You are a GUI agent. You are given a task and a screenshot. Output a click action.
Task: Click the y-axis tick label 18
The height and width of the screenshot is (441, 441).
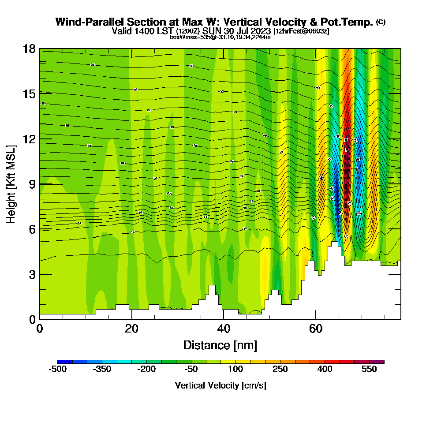[29, 49]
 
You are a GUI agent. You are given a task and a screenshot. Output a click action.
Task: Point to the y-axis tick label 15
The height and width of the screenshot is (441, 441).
[29, 93]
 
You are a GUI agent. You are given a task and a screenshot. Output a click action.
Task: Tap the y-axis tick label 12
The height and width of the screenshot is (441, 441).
[29, 139]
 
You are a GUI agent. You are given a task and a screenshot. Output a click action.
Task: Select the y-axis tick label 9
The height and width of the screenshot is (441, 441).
[32, 184]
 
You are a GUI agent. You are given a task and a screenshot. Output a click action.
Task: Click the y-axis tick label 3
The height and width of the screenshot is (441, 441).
[32, 274]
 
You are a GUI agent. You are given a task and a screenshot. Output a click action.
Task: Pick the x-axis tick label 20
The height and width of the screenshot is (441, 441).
[132, 329]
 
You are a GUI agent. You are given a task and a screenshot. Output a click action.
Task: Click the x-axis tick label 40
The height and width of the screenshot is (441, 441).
[224, 329]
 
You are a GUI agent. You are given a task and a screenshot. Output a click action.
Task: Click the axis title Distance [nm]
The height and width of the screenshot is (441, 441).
[220, 345]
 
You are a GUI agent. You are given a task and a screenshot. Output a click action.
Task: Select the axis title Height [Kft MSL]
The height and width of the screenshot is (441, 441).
[11, 184]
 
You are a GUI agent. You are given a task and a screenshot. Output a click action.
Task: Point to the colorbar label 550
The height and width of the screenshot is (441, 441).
[370, 369]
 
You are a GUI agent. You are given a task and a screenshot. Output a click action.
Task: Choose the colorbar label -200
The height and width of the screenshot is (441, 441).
[146, 369]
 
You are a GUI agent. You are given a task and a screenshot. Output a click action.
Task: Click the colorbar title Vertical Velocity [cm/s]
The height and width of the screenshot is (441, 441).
[220, 385]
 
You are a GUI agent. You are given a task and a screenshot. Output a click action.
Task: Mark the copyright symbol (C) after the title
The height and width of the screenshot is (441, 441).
[381, 22]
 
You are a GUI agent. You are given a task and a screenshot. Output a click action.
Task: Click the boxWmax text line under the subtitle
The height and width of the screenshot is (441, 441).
[220, 37]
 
